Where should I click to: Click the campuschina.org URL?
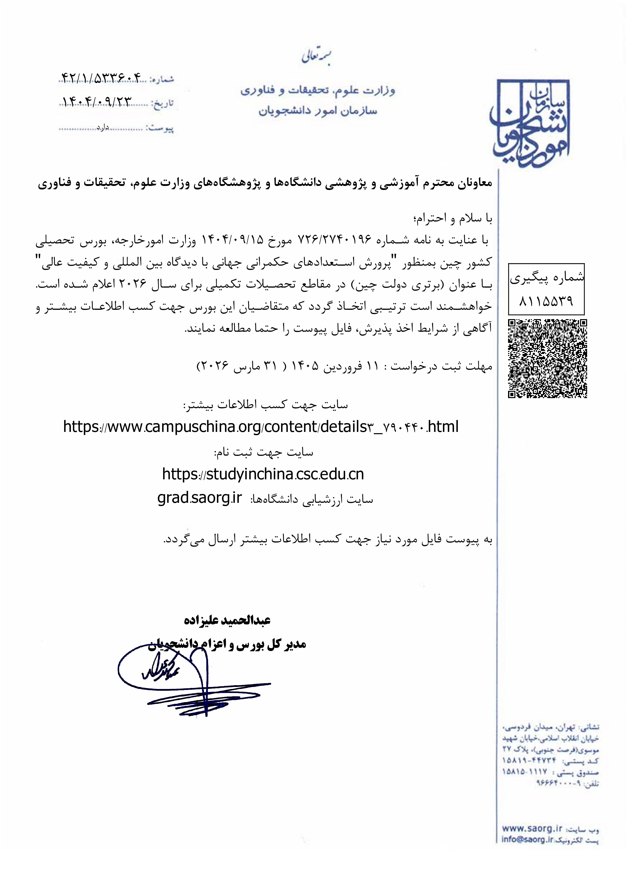pyautogui.click(x=261, y=427)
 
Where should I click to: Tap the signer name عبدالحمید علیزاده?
pyautogui.click(x=227, y=620)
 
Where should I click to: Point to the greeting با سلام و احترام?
pyautogui.click(x=452, y=218)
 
